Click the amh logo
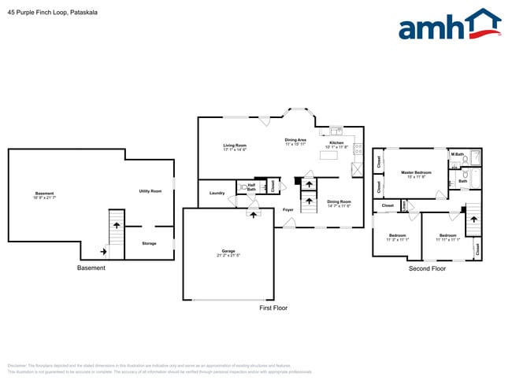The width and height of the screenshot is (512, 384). [x=450, y=25]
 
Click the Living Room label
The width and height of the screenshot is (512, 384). [x=235, y=146]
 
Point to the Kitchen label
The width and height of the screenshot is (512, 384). [x=336, y=143]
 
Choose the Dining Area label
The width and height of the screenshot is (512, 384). [x=295, y=141]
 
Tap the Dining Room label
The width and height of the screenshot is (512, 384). [x=339, y=202]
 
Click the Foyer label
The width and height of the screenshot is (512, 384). [x=288, y=210]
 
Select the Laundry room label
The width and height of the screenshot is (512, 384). [x=217, y=193]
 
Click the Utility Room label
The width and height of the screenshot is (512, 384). [x=150, y=191]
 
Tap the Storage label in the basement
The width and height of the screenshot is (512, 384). [x=149, y=243]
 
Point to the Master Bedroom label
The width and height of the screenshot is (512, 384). [x=416, y=172]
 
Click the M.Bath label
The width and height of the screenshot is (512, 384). [x=457, y=153]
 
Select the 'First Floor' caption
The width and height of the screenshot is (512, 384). [x=273, y=308]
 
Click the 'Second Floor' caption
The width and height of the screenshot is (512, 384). [x=427, y=269]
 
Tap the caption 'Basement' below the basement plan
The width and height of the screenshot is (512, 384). [x=91, y=268]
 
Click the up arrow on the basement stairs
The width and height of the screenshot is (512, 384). [x=117, y=225]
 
